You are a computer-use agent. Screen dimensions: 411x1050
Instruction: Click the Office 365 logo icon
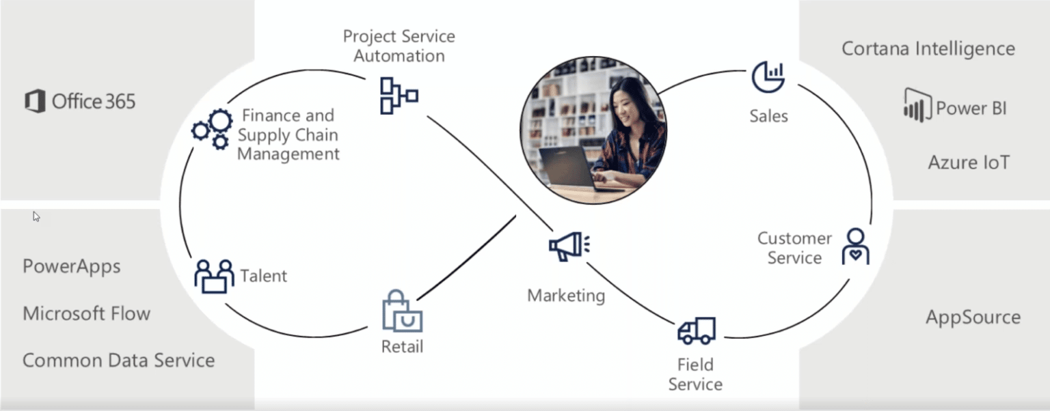tap(35, 102)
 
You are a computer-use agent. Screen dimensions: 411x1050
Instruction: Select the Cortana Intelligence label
tap(928, 49)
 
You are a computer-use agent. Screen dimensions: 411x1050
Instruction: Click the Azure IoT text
tap(968, 162)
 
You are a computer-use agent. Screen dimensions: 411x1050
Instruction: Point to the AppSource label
tap(973, 317)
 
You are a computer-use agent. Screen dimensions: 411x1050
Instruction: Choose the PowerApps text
tap(72, 266)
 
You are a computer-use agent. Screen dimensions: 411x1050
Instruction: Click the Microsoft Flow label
tap(86, 313)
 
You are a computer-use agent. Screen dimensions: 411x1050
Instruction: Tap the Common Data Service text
tap(118, 360)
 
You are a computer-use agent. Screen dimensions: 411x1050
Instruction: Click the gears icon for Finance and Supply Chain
tap(212, 128)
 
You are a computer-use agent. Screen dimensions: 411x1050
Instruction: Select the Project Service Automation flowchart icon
tap(398, 95)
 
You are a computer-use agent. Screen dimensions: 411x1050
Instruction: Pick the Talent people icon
tap(213, 276)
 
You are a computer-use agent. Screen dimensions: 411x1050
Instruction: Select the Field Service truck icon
tap(696, 331)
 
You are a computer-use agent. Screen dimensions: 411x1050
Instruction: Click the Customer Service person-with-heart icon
tap(855, 246)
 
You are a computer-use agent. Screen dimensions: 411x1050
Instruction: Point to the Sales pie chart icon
tap(768, 76)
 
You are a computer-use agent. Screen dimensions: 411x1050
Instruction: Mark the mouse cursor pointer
tap(36, 216)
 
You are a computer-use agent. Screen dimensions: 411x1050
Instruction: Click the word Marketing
tap(566, 296)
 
